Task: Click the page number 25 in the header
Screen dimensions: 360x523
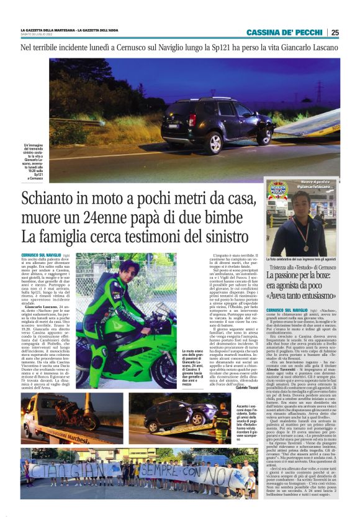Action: pos(335,32)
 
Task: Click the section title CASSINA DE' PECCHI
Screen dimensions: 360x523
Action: pos(286,32)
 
